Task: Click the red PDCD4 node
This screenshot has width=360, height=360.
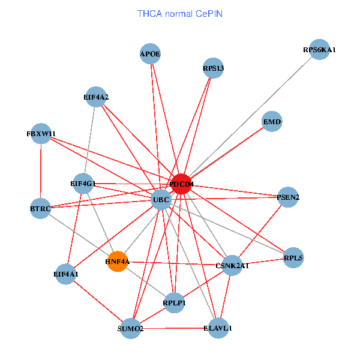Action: pyautogui.click(x=181, y=184)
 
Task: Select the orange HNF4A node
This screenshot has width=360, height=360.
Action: pyautogui.click(x=118, y=262)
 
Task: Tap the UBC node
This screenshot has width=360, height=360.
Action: pyautogui.click(x=161, y=200)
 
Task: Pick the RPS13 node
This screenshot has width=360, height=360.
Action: pyautogui.click(x=213, y=68)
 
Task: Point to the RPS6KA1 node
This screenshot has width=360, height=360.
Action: pyautogui.click(x=319, y=49)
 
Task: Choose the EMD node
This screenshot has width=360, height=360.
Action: pyautogui.click(x=272, y=122)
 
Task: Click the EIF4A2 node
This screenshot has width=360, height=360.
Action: pyautogui.click(x=96, y=97)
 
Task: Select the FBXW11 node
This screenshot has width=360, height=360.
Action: pyautogui.click(x=41, y=133)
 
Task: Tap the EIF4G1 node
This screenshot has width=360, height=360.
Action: pyautogui.click(x=82, y=183)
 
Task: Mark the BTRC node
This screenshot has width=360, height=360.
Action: pyautogui.click(x=40, y=208)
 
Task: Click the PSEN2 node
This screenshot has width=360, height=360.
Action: pyautogui.click(x=288, y=197)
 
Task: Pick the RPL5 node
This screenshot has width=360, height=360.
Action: pyautogui.click(x=293, y=257)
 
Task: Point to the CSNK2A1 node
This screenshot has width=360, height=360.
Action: pyautogui.click(x=232, y=265)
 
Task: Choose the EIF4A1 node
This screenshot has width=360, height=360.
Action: pyautogui.click(x=66, y=274)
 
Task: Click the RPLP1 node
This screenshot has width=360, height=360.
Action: pyautogui.click(x=174, y=303)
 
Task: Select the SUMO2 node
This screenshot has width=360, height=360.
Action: pyautogui.click(x=130, y=329)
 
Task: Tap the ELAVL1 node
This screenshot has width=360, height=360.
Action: pyautogui.click(x=218, y=328)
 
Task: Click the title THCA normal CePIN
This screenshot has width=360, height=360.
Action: pyautogui.click(x=180, y=13)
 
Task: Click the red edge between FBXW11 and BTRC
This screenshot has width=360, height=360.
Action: pyautogui.click(x=41, y=171)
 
